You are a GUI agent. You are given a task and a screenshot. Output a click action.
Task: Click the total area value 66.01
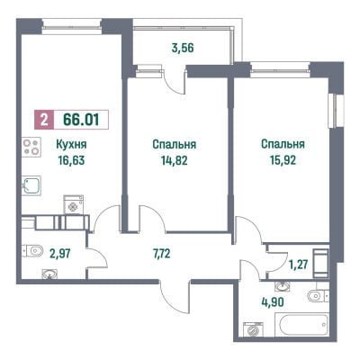pos(81,120)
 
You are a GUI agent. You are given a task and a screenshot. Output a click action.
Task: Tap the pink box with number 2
pos(44,120)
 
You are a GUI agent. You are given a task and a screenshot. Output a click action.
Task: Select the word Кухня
pos(71,145)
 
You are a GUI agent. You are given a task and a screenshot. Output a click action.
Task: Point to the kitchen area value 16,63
pos(71,160)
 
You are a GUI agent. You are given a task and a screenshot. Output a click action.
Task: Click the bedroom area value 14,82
pos(174,160)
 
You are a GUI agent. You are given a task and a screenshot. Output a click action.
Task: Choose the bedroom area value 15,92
pos(283,160)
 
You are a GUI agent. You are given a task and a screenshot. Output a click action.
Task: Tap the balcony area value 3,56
pos(183,48)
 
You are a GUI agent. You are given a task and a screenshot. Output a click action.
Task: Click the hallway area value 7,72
pos(161,254)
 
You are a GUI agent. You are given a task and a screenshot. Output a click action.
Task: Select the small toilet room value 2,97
pos(60,254)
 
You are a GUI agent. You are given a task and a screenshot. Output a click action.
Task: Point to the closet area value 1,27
pos(299,265)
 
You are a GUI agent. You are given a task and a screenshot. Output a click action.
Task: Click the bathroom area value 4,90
pos(273,302)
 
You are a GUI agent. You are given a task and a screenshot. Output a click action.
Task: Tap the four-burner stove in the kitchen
pos(31,147)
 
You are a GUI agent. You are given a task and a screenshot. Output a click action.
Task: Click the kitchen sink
pos(31,185)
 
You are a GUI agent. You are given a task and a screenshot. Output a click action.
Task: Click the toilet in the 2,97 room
pos(32,251)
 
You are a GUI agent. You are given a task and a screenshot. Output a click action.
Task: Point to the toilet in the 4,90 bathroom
pos(318,296)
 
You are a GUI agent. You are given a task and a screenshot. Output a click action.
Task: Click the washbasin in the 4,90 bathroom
pos(283,286)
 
